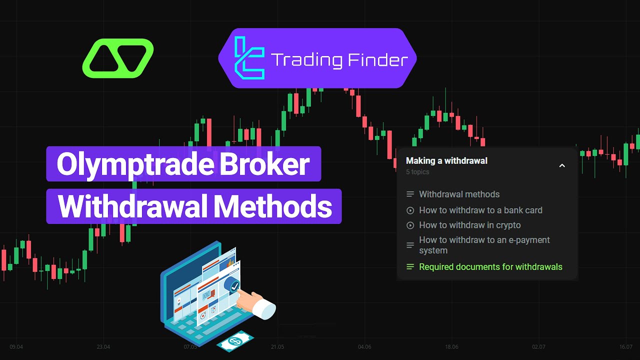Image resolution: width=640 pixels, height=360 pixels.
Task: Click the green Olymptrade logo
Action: point(118,58)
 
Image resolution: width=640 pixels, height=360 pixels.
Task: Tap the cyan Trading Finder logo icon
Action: point(249,58)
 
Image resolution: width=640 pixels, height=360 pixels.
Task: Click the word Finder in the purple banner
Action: point(376,60)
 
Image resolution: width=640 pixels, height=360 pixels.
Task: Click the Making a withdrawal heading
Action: point(446,161)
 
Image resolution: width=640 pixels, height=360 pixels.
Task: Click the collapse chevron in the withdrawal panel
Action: point(562,165)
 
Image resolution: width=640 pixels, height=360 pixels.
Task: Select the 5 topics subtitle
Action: point(417,172)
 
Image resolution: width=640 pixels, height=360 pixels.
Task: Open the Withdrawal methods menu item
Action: point(459,194)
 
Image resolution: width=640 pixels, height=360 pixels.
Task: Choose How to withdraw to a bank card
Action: point(480,210)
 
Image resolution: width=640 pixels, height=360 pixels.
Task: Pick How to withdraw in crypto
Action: point(469,225)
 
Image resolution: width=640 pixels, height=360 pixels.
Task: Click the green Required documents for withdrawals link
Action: point(490,267)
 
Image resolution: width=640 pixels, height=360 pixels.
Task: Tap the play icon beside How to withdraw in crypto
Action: point(410,225)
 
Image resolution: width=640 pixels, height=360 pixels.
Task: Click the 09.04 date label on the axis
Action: point(16,346)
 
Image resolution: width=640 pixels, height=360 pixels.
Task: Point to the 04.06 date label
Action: point(364,346)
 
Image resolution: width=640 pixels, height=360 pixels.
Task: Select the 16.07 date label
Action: point(625,346)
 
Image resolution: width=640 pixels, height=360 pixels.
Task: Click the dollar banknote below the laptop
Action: point(235,340)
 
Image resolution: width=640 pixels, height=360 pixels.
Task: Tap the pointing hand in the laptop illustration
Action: point(260,304)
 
